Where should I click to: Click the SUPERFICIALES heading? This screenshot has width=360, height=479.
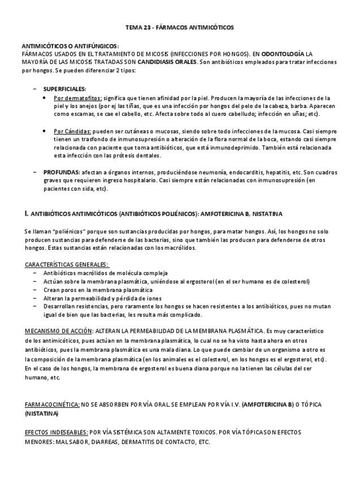click(64, 89)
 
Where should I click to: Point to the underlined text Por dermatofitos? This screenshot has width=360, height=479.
click(78, 98)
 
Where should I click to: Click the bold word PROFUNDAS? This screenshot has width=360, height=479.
click(61, 172)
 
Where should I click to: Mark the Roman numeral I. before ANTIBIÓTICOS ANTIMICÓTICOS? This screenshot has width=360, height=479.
click(27, 214)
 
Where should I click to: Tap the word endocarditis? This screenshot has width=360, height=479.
click(235, 172)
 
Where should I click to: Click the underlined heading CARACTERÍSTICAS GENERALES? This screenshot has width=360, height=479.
click(67, 264)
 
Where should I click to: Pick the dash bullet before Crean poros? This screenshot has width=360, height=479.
click(35, 290)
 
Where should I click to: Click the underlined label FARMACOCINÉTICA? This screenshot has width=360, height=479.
click(52, 405)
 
